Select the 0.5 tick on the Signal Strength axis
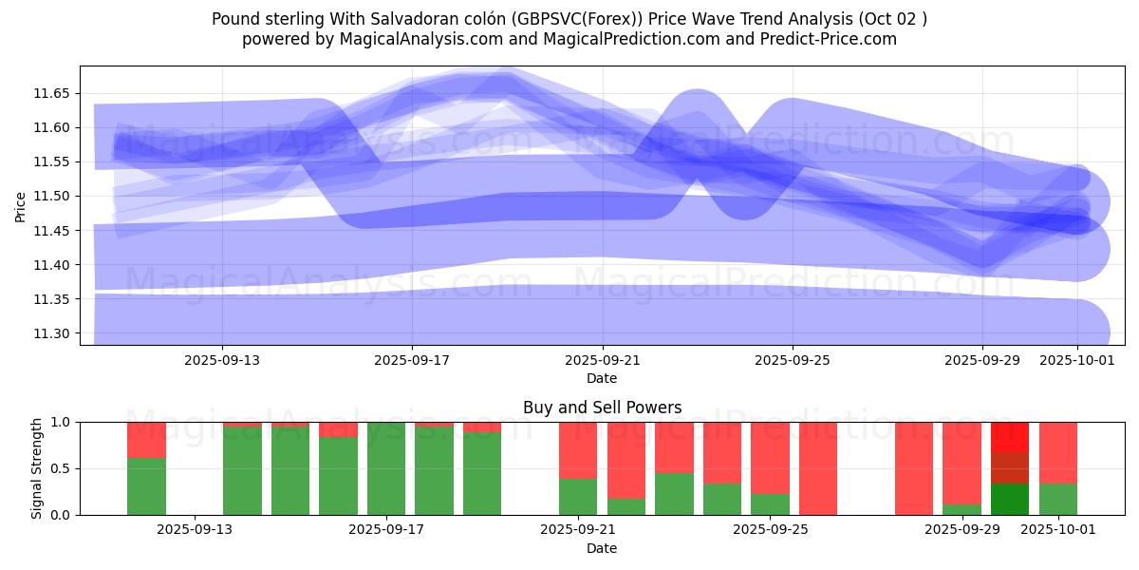tap(61, 468)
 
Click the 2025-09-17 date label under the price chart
tap(412, 361)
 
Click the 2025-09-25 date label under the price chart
tap(793, 361)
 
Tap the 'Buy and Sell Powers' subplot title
tap(602, 408)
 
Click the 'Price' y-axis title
tap(21, 206)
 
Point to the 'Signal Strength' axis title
tap(37, 468)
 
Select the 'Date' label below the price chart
tap(602, 378)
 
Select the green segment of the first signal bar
tap(146, 485)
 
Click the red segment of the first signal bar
tap(146, 440)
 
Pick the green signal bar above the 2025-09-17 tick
tap(386, 468)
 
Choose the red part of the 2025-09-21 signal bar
tap(578, 450)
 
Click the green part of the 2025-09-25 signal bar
tap(770, 503)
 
